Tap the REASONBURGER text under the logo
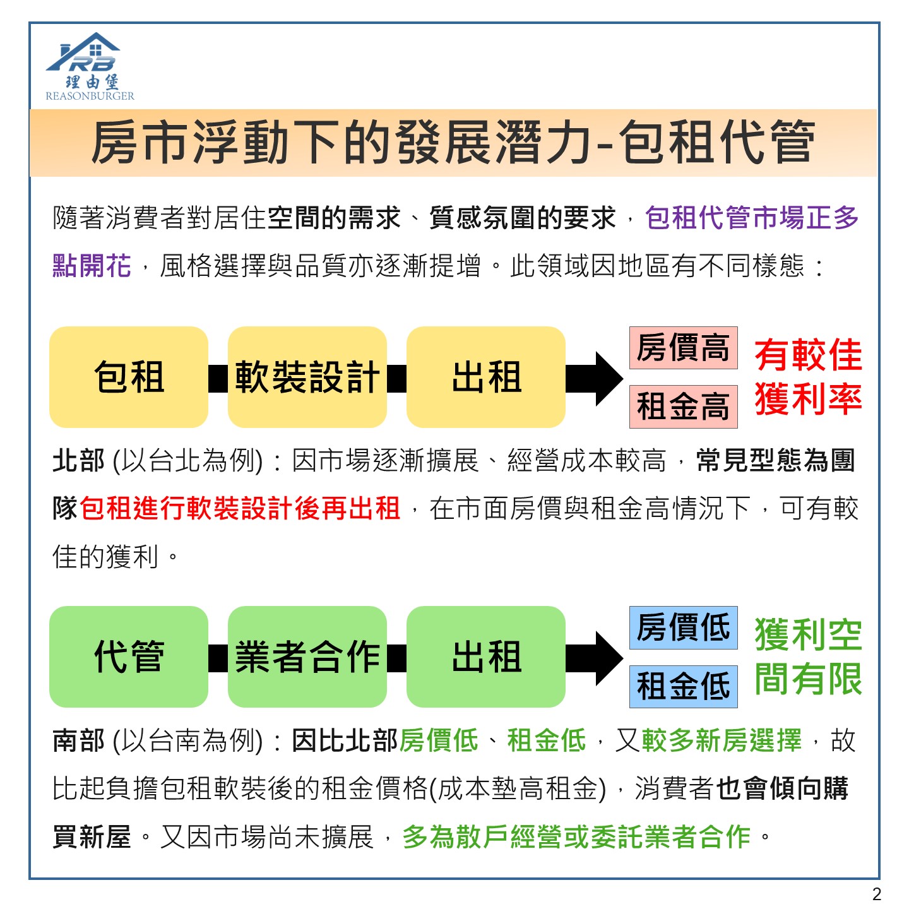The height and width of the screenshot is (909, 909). (90, 96)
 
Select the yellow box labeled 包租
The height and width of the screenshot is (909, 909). (129, 377)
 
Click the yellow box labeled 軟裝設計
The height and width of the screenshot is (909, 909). (307, 377)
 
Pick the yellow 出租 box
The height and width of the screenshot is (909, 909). (486, 377)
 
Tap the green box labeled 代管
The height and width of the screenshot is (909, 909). (129, 656)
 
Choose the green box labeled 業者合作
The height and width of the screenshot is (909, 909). (307, 656)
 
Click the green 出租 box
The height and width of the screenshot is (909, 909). (486, 656)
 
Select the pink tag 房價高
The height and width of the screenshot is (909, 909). (684, 348)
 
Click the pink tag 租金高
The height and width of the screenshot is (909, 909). (684, 407)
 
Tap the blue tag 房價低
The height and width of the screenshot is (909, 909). (684, 627)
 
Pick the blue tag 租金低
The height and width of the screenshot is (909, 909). (684, 686)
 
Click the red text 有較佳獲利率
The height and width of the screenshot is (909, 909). (809, 377)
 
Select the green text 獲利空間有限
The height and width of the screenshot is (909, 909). (809, 656)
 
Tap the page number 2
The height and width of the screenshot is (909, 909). (877, 893)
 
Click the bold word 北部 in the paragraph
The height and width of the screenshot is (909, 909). (78, 460)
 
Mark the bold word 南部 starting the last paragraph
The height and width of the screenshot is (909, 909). (78, 740)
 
